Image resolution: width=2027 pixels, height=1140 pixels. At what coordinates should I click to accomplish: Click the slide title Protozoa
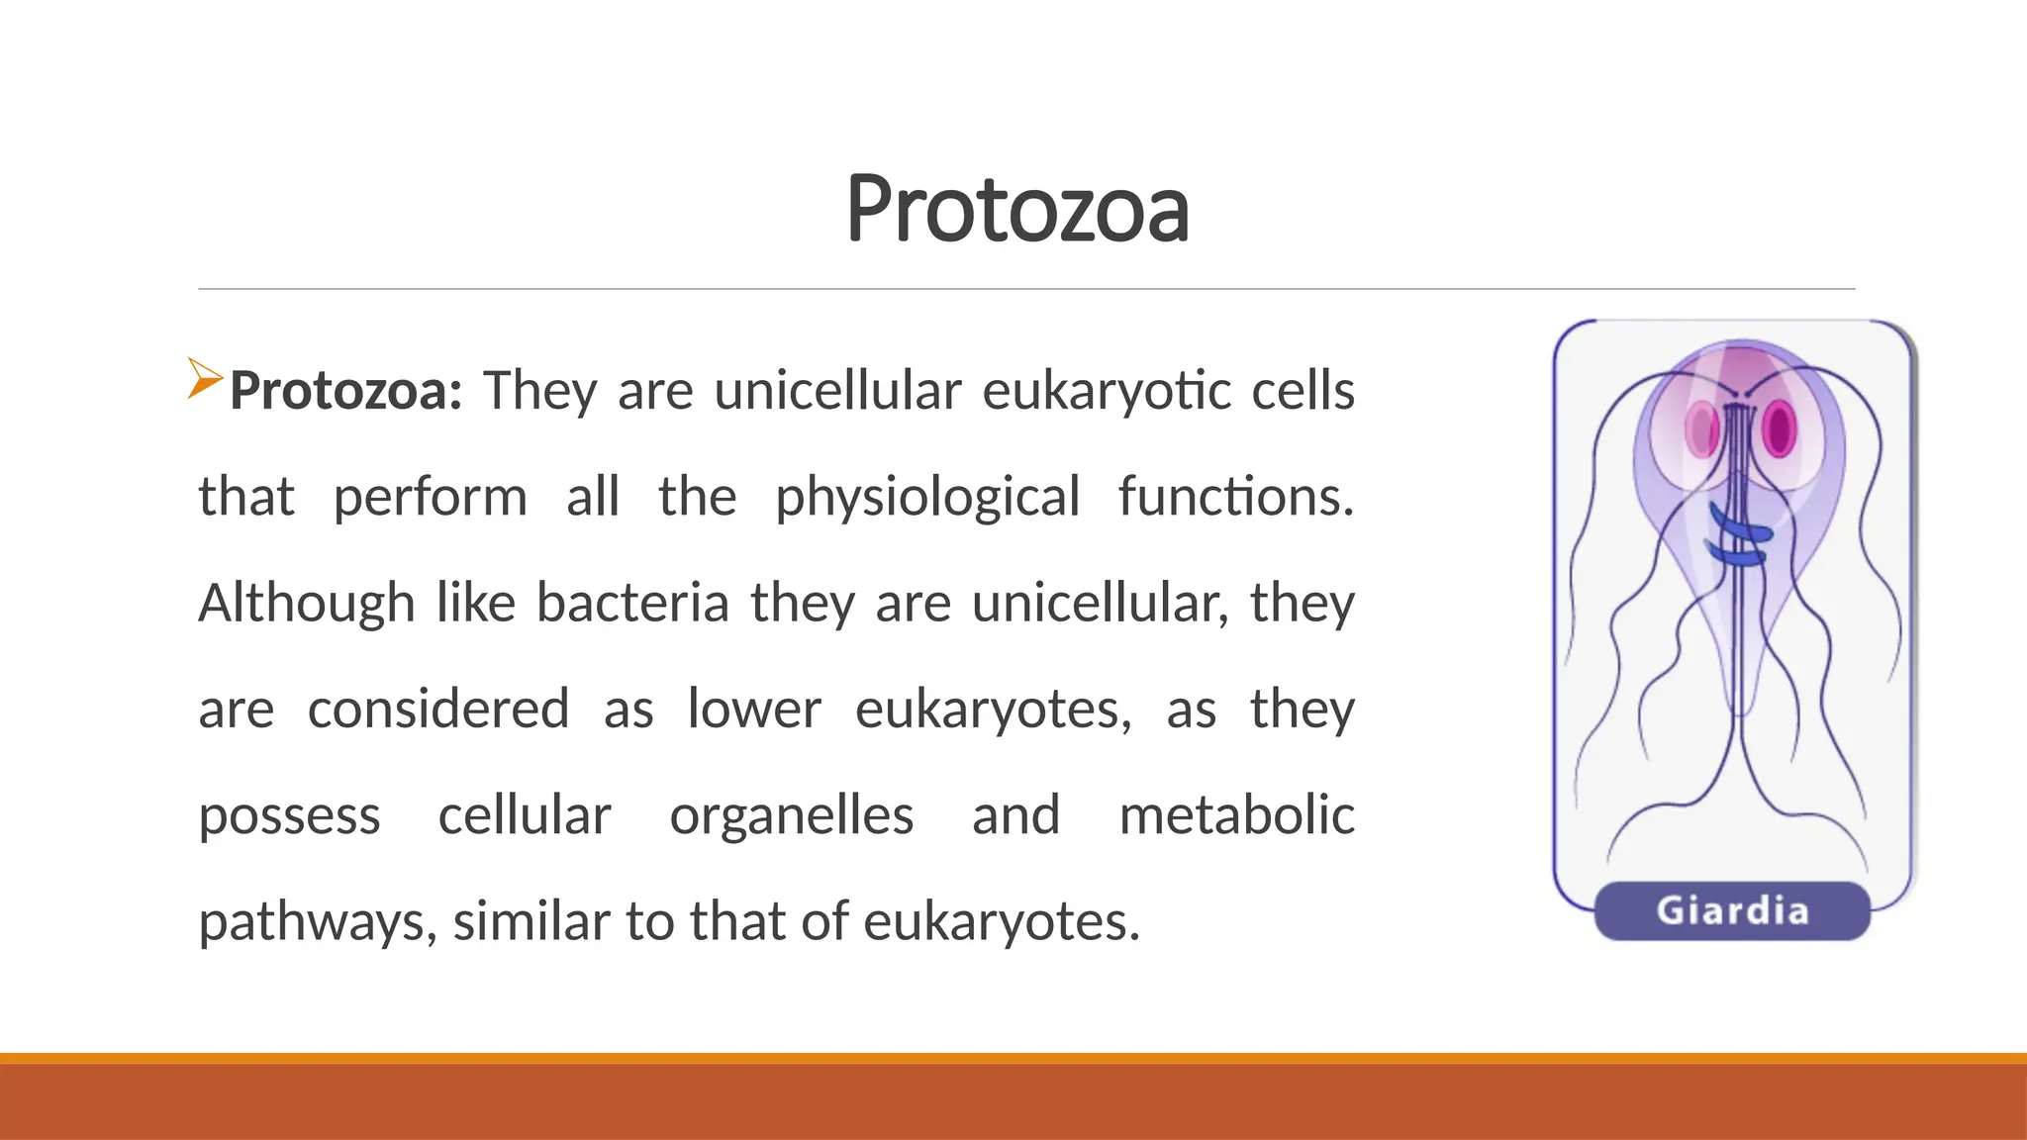(1016, 209)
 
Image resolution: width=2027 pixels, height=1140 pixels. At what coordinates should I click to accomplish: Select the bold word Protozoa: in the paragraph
(345, 391)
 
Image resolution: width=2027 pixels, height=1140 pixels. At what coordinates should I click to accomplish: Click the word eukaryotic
(1106, 391)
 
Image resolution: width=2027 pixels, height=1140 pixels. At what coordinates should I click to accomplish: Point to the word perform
(430, 497)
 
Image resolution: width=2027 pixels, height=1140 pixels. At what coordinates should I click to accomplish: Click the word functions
(1235, 496)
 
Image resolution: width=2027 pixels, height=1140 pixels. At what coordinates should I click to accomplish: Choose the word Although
(306, 604)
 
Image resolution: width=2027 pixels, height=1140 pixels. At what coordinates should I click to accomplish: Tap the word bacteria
(632, 603)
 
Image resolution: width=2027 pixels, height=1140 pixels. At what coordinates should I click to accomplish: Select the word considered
(437, 710)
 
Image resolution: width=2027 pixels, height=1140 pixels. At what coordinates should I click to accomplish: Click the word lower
(754, 710)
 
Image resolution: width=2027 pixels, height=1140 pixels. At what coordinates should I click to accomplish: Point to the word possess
(289, 817)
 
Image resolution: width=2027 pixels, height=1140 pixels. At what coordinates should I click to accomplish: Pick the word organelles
(791, 817)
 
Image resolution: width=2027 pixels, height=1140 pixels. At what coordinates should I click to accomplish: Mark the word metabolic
(1236, 815)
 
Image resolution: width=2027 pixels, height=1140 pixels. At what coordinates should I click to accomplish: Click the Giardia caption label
(1732, 910)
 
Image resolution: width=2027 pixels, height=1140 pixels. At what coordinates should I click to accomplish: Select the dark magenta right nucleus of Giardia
(1779, 428)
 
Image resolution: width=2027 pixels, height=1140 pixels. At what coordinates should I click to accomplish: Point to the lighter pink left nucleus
(1702, 429)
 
